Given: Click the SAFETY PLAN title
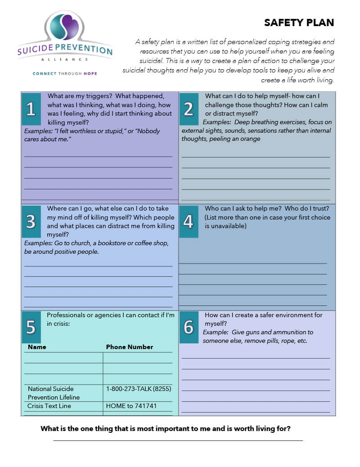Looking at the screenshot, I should click(299, 23).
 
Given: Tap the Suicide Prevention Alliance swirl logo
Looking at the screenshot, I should click(65, 28).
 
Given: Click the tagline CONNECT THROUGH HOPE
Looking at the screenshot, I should click(65, 73).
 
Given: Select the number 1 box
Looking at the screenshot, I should click(31, 109).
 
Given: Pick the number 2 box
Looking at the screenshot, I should click(189, 109).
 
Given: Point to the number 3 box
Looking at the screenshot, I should click(31, 221).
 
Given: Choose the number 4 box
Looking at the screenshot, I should click(189, 221).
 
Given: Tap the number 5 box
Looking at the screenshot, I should click(31, 328).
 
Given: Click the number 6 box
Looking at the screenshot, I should click(189, 328).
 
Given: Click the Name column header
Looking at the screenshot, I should click(37, 347).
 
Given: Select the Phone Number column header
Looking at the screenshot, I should click(130, 347).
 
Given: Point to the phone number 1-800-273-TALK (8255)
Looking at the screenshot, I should click(139, 389).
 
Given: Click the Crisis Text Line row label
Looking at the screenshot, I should click(49, 406).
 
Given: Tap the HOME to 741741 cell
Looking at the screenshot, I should click(131, 406).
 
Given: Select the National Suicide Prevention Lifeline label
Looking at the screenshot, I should click(53, 393).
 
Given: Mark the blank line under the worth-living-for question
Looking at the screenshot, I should click(178, 440).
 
